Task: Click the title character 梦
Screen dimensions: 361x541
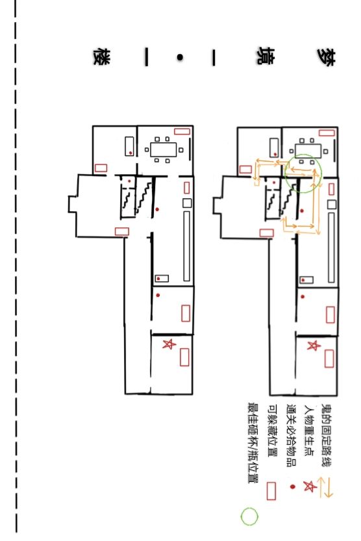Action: (326, 57)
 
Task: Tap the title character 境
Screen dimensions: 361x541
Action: (265, 56)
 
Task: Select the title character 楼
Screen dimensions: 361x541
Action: (102, 57)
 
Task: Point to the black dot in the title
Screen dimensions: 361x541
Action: (180, 58)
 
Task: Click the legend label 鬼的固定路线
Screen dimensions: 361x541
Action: (327, 435)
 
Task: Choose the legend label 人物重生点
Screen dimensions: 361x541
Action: (309, 431)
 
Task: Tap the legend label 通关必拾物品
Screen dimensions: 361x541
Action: (292, 435)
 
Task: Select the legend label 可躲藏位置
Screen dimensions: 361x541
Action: (273, 431)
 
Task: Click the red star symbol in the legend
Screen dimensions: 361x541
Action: (310, 486)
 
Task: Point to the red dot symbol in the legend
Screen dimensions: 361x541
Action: (293, 487)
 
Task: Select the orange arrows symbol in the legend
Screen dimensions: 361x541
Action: (325, 487)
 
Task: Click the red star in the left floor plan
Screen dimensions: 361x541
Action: (169, 344)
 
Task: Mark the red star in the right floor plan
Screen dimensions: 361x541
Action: (314, 346)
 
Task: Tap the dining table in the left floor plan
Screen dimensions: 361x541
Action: (164, 150)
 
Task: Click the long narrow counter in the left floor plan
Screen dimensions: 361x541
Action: (186, 246)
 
